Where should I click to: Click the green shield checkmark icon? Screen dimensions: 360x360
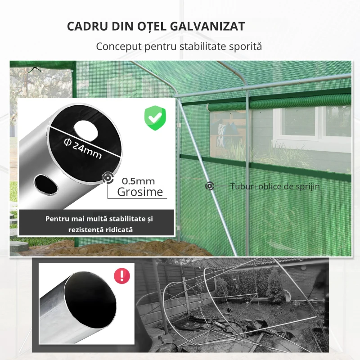tap(155, 118)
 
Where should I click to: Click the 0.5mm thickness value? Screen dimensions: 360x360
tap(139, 181)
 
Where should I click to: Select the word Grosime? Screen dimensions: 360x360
tap(140, 192)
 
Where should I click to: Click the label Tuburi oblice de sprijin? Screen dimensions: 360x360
tap(275, 186)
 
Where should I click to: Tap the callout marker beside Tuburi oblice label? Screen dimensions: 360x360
tap(210, 186)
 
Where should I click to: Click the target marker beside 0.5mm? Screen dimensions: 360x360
tap(108, 178)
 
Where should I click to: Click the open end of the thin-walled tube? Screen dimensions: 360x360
tap(90, 296)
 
